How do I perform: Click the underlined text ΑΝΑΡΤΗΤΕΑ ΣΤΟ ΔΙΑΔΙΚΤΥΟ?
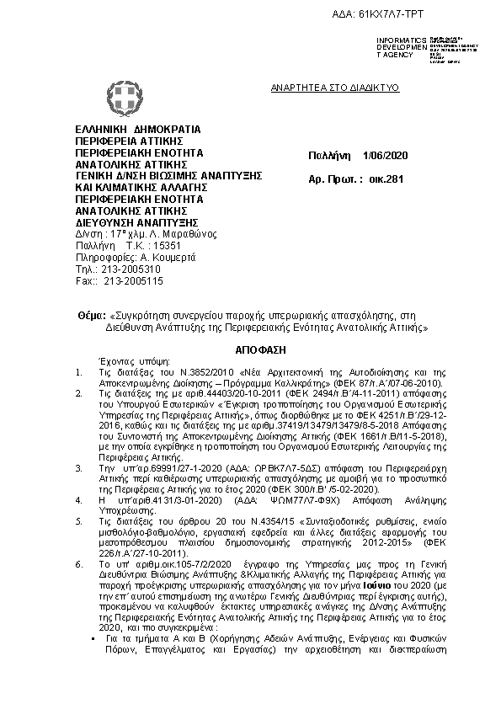click(334, 88)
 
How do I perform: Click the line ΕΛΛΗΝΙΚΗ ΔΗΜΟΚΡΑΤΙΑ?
click(138, 130)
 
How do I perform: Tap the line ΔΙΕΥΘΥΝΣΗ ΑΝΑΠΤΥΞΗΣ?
click(131, 222)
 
